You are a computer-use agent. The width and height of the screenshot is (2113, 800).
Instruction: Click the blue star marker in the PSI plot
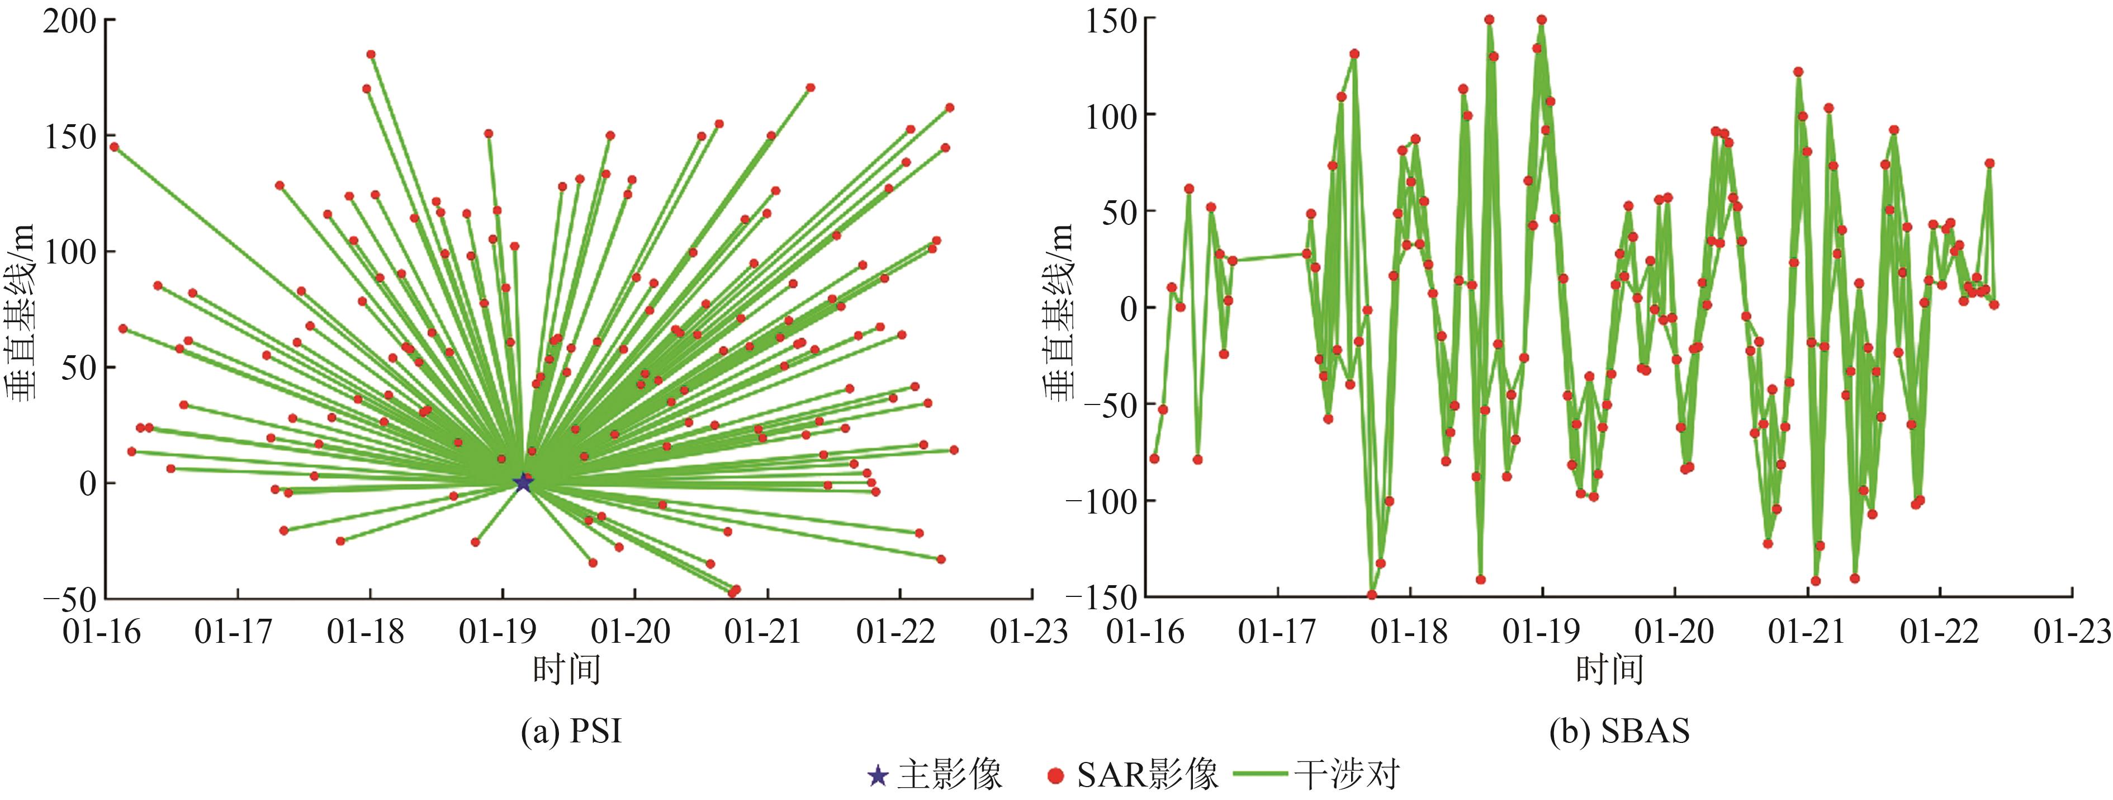coord(523,482)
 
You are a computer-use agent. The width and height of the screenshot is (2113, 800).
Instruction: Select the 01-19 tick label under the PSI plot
coord(499,632)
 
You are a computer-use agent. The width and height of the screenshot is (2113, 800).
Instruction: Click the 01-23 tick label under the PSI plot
coord(1030,632)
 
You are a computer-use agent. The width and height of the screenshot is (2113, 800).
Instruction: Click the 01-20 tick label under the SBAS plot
coord(1673,632)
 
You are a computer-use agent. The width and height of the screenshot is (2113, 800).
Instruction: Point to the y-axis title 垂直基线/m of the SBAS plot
coord(1059,312)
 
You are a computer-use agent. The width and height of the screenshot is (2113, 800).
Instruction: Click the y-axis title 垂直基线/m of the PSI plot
coord(22,312)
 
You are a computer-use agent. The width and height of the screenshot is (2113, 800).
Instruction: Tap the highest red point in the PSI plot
coord(371,54)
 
